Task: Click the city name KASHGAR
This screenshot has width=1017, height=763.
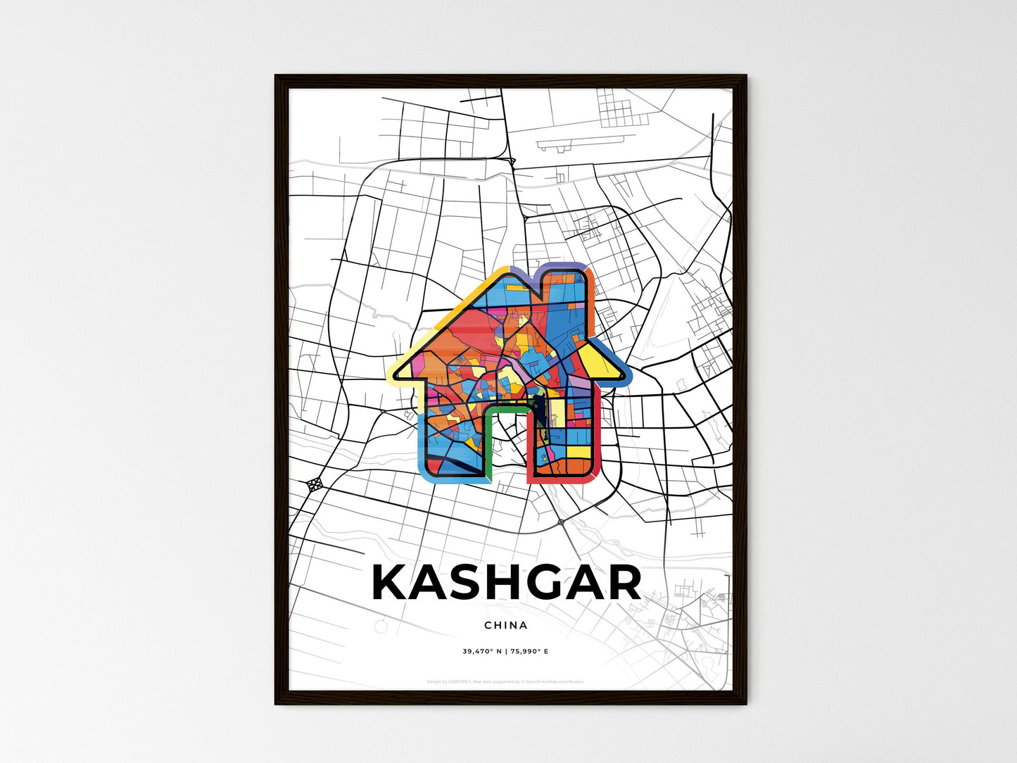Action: [x=506, y=583]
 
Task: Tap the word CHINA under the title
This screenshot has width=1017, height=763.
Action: [x=505, y=625]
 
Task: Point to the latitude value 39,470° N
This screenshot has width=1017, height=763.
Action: [x=481, y=651]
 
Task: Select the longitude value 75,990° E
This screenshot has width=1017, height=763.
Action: [x=529, y=651]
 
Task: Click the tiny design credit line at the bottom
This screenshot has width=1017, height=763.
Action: [x=505, y=681]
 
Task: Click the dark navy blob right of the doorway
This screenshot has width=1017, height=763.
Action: [x=539, y=405]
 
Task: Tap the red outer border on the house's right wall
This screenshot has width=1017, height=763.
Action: [x=598, y=436]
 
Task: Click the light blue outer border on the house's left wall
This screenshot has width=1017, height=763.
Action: [x=422, y=443]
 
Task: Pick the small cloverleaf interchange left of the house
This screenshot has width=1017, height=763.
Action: [x=315, y=484]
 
